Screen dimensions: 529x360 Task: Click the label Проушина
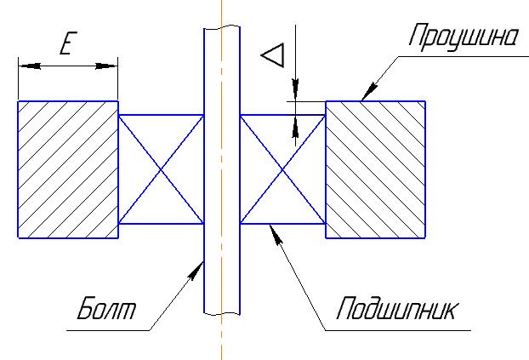click(463, 38)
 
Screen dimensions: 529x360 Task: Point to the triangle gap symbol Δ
click(272, 57)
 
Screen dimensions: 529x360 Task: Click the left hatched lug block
click(67, 169)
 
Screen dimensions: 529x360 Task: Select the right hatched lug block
click(375, 169)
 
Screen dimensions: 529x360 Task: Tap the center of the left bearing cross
click(161, 169)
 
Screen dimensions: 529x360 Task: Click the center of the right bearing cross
click(283, 169)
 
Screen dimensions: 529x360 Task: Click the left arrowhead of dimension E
click(23, 65)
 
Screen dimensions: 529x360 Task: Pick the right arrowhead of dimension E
click(111, 65)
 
